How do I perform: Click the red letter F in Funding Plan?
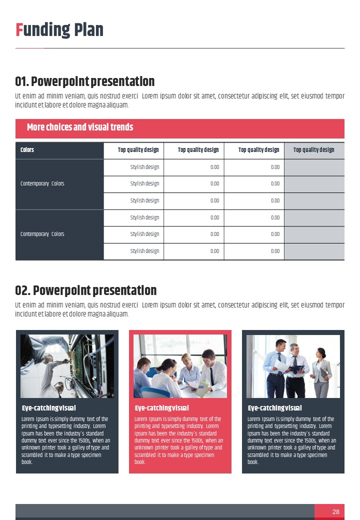(x=18, y=30)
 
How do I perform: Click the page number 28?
(x=335, y=511)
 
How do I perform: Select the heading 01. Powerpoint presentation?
(x=85, y=81)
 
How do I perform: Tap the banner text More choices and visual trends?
(x=80, y=127)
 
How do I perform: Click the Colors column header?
(x=27, y=150)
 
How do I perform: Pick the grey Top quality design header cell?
(x=313, y=150)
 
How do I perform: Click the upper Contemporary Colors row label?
(x=42, y=183)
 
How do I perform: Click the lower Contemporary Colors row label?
(x=42, y=234)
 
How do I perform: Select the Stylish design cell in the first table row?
(x=144, y=167)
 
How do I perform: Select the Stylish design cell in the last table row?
(x=144, y=251)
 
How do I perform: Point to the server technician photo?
(x=67, y=366)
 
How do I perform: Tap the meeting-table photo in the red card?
(x=180, y=366)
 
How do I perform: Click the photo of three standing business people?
(x=293, y=366)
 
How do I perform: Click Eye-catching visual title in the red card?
(x=162, y=408)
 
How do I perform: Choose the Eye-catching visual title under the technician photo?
(x=49, y=408)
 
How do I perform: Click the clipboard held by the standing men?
(x=296, y=369)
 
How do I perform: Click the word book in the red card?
(x=140, y=462)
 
